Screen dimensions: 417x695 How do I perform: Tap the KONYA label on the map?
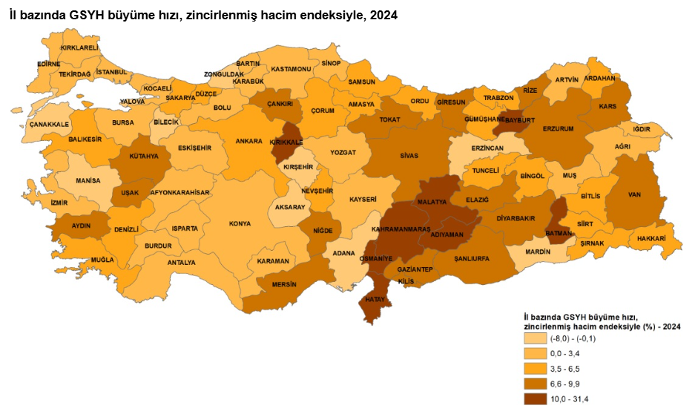point(240,223)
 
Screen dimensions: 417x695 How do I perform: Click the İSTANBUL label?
point(112,72)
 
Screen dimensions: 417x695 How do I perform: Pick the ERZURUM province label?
point(558,128)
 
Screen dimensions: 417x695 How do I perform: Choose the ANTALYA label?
point(181,262)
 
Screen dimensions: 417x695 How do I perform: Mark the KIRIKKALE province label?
point(286,141)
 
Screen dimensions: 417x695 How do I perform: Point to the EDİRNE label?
point(48,64)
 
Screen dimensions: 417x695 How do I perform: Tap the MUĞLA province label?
point(102,260)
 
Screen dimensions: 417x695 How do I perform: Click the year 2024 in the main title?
point(382,14)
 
